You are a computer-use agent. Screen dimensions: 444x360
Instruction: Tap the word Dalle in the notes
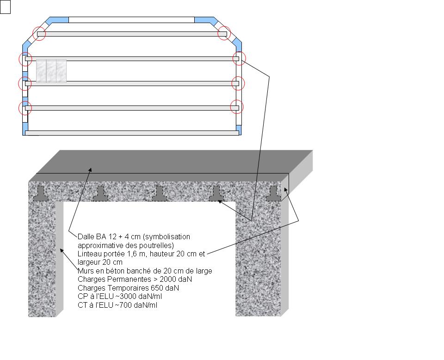point(85,237)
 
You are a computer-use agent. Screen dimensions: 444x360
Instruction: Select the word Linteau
point(90,254)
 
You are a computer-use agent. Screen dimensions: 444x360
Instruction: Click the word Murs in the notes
point(86,271)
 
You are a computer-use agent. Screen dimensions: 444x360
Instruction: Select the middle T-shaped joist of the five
point(159,193)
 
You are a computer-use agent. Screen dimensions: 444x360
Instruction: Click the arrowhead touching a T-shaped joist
point(219,201)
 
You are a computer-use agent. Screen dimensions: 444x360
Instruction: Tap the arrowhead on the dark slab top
point(91,169)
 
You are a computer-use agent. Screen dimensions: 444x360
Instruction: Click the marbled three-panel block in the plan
point(51,71)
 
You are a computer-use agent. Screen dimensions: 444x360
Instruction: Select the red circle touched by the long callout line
point(239,59)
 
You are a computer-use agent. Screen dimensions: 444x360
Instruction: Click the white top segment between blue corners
point(131,20)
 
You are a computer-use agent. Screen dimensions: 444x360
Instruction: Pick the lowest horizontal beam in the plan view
point(132,133)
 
